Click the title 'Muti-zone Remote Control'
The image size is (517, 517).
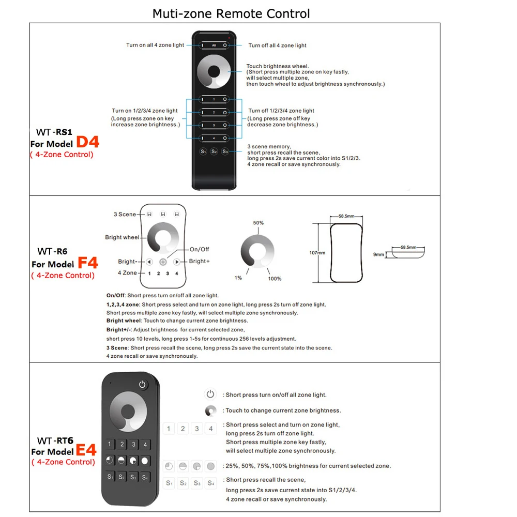231,13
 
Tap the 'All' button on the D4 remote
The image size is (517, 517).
214,45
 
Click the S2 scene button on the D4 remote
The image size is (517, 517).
214,151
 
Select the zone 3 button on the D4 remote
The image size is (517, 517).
214,125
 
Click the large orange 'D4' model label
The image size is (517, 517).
88,143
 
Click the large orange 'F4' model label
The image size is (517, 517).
88,263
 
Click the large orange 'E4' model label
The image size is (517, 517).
86,450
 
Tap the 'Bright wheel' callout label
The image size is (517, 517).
122,237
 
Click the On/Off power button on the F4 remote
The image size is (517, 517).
163,262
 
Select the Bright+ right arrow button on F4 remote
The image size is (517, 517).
176,262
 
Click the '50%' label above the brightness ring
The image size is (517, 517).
258,223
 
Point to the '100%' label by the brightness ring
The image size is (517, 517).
275,279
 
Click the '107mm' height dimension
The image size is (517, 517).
318,253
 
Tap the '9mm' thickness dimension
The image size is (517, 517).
379,254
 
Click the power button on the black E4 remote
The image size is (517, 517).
143,384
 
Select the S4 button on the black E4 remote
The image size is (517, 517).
145,477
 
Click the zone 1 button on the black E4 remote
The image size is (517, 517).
110,444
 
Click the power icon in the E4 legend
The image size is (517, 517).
210,394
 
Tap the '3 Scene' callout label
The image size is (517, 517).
125,214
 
